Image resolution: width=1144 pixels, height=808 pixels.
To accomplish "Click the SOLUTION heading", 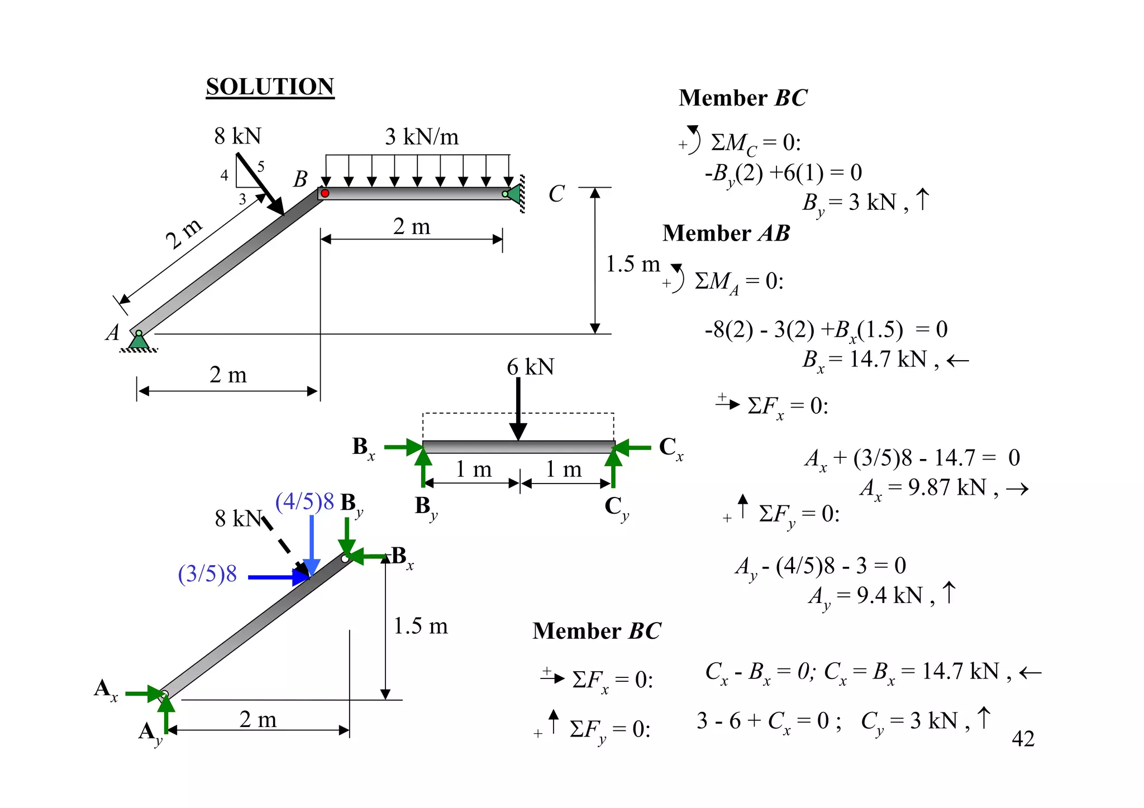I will coord(270,87).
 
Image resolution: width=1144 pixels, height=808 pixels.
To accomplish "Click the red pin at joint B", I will coord(325,193).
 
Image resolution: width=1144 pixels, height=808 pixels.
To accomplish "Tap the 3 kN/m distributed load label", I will coord(422,137).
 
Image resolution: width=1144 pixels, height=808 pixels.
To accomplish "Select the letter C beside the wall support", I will coord(556,194).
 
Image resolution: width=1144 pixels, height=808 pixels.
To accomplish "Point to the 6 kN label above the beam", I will coord(530,367).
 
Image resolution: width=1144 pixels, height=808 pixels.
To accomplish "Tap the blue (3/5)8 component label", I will coord(207,574).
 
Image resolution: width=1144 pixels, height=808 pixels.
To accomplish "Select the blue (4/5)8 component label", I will coord(304,501).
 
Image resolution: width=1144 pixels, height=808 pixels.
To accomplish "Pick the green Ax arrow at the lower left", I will coord(145,694).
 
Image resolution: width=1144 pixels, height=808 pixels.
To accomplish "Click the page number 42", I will coord(1023,739).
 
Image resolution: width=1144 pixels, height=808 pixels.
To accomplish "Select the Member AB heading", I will coord(726,233).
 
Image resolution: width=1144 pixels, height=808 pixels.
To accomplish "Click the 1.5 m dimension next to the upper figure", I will coord(633,264).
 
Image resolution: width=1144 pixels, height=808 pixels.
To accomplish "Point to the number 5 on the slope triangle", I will coord(260,166).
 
